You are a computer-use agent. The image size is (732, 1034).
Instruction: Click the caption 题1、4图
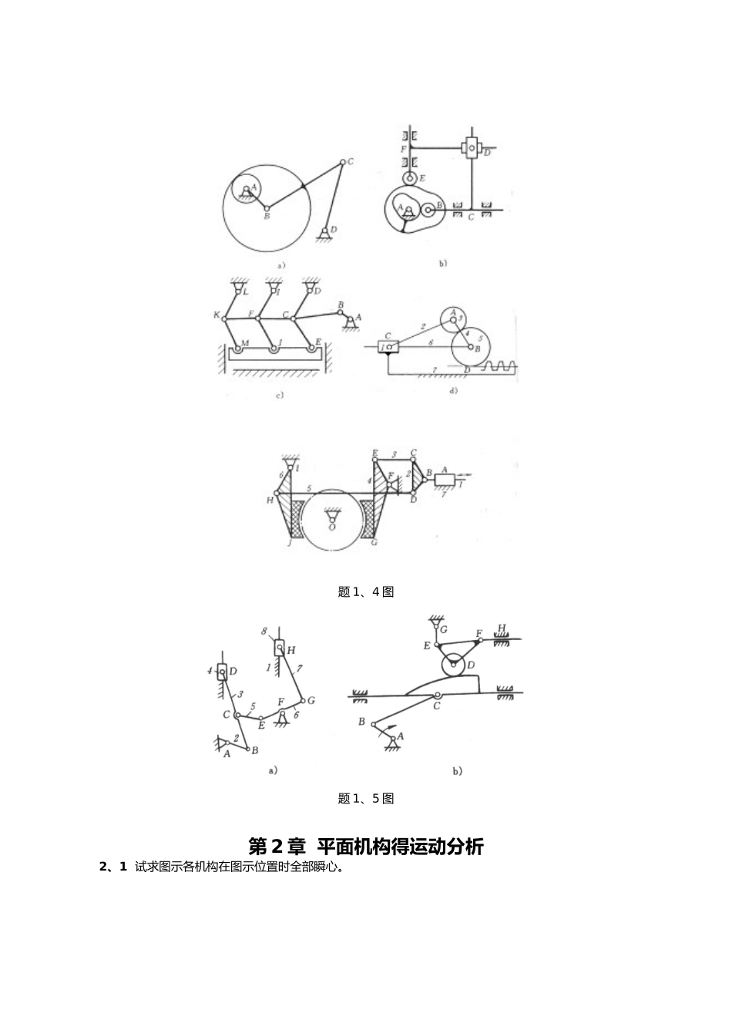coord(366,592)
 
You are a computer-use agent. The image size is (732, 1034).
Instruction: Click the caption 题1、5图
coord(366,799)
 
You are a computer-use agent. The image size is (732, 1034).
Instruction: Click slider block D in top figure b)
coord(470,147)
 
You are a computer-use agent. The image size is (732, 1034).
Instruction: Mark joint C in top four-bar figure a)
coord(341,162)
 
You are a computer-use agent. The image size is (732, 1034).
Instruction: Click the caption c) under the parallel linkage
coord(279,396)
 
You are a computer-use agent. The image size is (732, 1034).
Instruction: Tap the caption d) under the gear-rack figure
coord(453,391)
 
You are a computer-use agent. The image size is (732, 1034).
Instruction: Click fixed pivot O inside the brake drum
coord(331,516)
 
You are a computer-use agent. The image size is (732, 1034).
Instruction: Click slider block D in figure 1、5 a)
coord(222,672)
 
